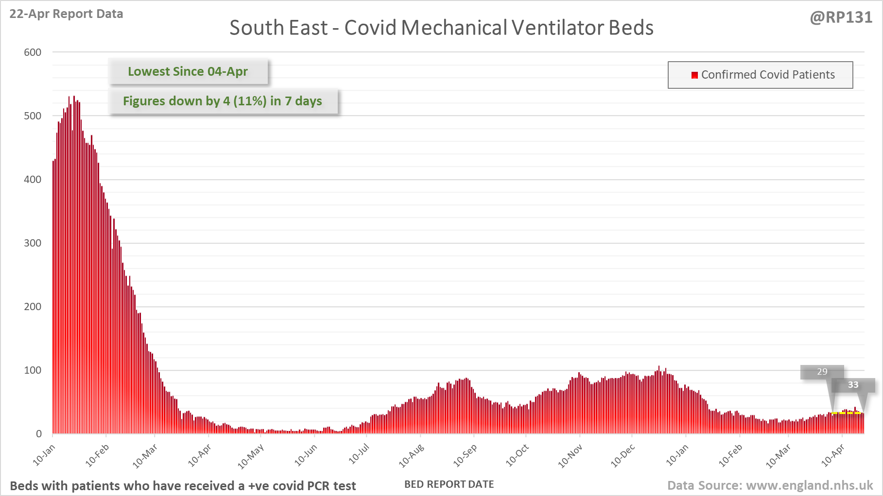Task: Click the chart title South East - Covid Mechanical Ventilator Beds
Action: point(441,28)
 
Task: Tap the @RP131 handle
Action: point(841,17)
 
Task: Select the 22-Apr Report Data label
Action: point(66,14)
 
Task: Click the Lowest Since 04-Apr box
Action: point(188,71)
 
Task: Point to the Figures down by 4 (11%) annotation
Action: point(223,101)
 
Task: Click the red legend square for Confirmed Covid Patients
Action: point(694,75)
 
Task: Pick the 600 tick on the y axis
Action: point(33,52)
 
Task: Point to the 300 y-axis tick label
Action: point(33,243)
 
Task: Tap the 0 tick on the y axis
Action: point(38,434)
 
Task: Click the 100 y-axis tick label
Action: point(33,370)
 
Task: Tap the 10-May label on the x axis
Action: point(251,457)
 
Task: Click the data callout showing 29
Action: point(822,372)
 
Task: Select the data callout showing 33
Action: point(853,385)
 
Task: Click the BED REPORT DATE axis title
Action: point(449,484)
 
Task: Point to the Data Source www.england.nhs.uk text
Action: point(770,485)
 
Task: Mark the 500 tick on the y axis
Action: point(33,116)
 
